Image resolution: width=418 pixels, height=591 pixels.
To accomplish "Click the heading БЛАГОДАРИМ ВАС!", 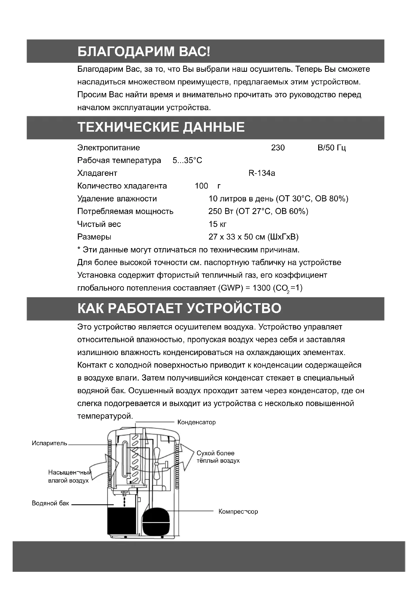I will click(x=144, y=52).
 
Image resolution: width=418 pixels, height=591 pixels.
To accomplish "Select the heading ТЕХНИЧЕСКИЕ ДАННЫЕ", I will click(x=161, y=127).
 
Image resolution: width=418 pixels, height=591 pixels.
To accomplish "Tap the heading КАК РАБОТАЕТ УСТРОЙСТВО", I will click(x=179, y=308).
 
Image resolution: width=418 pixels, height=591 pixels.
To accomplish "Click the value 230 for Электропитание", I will click(x=278, y=148).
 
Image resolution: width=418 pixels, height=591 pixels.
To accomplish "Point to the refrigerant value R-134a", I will click(x=262, y=173).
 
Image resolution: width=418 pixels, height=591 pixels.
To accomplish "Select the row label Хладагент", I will click(x=97, y=173).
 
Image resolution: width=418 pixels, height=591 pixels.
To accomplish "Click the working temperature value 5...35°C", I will click(x=187, y=161).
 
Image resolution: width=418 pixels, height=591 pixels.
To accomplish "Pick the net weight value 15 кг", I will click(x=218, y=224).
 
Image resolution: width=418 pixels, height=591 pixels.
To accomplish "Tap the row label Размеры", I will click(x=94, y=237).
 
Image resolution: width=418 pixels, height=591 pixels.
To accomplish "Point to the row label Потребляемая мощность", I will click(x=125, y=211).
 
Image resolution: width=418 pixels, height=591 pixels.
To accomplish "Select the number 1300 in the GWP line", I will click(x=261, y=288).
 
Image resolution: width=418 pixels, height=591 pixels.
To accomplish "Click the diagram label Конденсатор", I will click(x=196, y=422).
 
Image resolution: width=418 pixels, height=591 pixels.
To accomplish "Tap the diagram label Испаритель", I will click(x=50, y=443).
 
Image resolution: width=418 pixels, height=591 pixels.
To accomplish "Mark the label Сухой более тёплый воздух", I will click(x=218, y=457).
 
